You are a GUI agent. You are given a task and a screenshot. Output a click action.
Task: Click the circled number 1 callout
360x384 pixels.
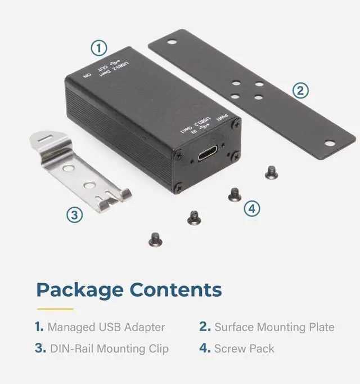[99, 48]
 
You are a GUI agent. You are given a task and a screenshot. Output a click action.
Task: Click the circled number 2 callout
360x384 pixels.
[301, 90]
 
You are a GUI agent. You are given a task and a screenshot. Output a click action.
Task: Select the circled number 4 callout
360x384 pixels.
[252, 208]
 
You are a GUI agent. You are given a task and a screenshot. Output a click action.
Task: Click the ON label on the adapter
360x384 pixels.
[87, 74]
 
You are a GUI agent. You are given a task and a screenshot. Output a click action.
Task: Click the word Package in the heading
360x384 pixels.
[80, 290]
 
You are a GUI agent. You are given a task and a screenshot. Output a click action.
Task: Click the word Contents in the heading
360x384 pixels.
[175, 290]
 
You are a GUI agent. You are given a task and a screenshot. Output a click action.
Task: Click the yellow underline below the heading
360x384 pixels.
[55, 309]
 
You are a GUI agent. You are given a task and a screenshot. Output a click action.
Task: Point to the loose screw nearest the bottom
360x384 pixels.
[155, 240]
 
